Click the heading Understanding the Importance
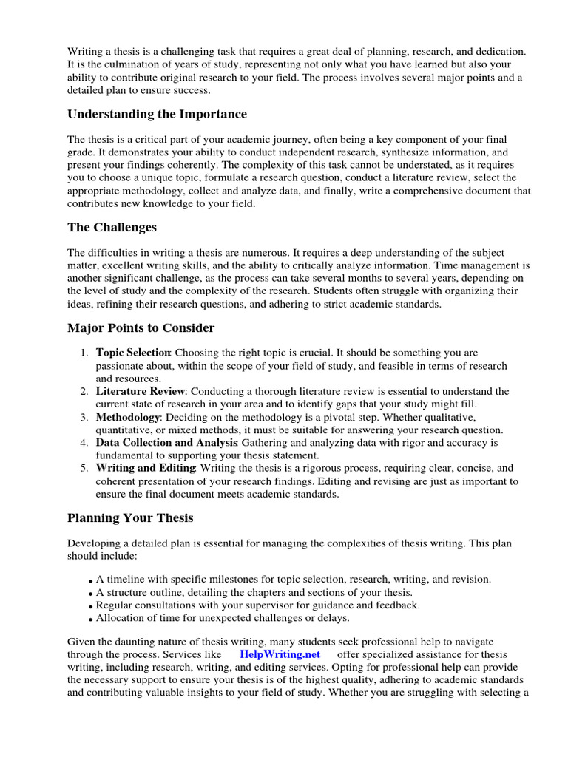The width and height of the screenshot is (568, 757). click(x=158, y=114)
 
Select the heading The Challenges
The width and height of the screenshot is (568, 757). click(x=112, y=227)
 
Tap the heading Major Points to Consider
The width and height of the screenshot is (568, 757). click(x=141, y=327)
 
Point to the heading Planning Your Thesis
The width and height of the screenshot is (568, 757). click(x=130, y=517)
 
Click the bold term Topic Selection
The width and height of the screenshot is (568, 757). click(x=133, y=353)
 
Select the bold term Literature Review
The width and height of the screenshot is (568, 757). click(x=139, y=390)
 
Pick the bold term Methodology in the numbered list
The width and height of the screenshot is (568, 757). click(x=128, y=417)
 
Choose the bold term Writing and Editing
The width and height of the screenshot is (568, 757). click(x=145, y=468)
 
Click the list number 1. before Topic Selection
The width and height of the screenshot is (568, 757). click(x=84, y=353)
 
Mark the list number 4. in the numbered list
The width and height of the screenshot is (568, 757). click(x=84, y=442)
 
